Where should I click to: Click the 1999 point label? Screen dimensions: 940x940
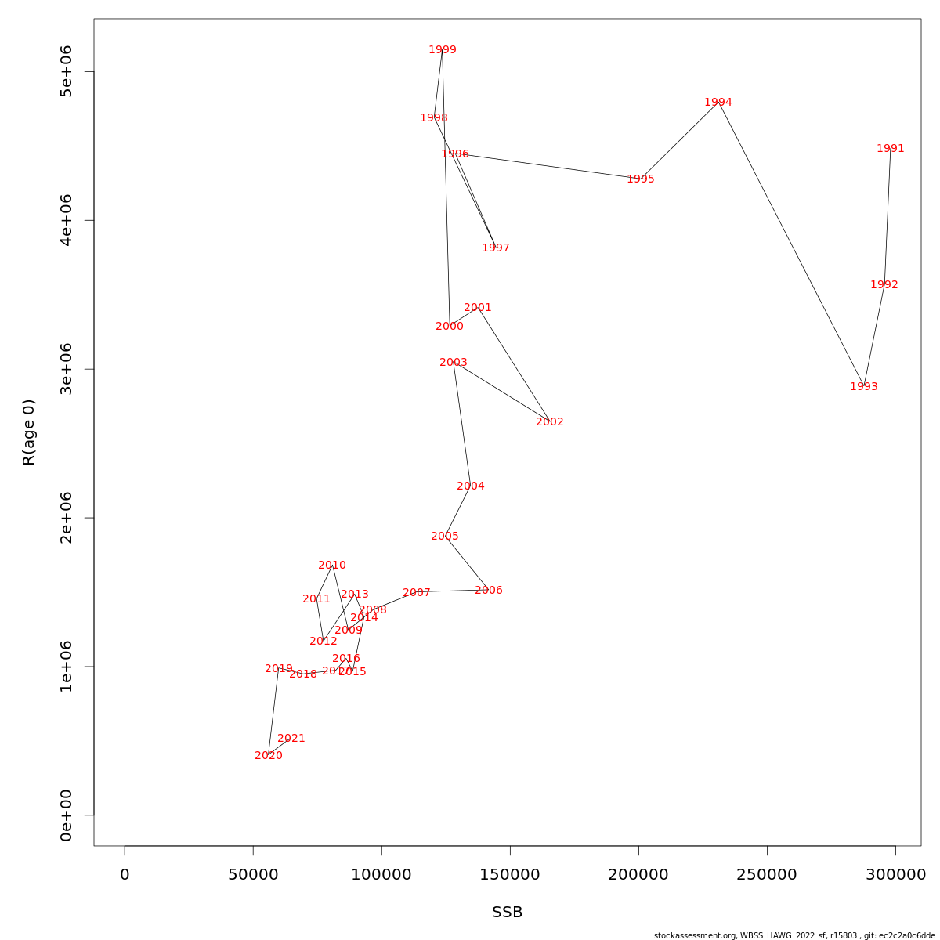tap(443, 50)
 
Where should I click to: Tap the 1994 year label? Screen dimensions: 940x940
tap(718, 103)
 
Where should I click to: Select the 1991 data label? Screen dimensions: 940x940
tap(891, 149)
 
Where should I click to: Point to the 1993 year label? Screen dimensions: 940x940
tap(864, 387)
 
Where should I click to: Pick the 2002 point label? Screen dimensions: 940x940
tap(550, 422)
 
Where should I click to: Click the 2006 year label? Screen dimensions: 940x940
tap(489, 591)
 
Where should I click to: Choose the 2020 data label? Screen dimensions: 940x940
tap(269, 756)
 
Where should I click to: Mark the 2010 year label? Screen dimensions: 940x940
tap(332, 566)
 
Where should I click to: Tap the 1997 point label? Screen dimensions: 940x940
tap(496, 248)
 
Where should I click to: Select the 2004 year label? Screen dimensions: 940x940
tap(471, 486)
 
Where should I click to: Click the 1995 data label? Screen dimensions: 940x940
tap(641, 179)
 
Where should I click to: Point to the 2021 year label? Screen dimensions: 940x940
tap(291, 739)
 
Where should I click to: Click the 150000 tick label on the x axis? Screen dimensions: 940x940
tap(510, 875)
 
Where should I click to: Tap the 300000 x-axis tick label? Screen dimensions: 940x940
tap(895, 875)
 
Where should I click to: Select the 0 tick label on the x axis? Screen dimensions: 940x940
tap(125, 875)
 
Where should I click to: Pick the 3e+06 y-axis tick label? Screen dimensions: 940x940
tap(67, 369)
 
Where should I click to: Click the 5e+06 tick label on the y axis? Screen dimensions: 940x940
tap(67, 71)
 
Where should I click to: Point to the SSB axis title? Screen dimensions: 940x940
tap(508, 913)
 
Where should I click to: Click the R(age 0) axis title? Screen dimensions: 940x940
tap(29, 432)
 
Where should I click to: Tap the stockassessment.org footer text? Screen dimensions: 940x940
tap(794, 935)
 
